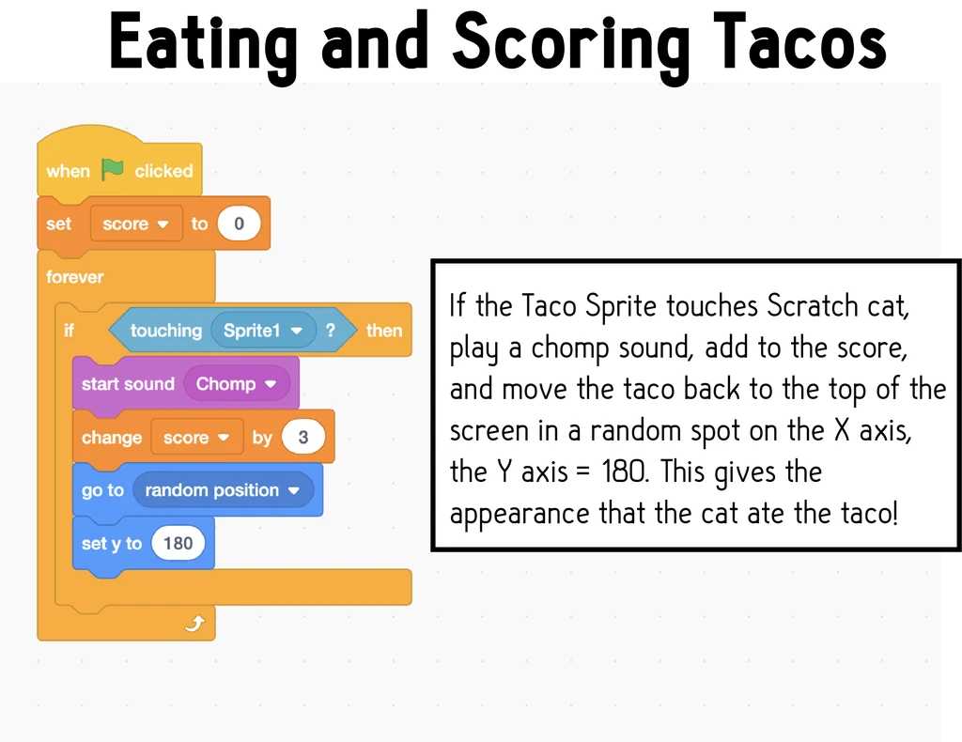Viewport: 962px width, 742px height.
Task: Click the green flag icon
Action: click(x=113, y=169)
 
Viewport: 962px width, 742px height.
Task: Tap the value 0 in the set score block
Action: click(x=239, y=224)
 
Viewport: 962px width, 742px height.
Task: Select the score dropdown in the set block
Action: click(x=136, y=224)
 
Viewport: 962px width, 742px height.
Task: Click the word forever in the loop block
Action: click(x=75, y=277)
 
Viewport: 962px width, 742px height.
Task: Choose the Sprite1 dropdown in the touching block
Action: click(x=264, y=331)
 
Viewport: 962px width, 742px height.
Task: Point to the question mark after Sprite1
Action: click(x=331, y=331)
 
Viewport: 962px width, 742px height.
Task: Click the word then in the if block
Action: click(x=384, y=331)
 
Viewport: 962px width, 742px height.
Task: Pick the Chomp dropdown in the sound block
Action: click(x=236, y=384)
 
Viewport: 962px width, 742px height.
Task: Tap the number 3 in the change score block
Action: click(x=303, y=438)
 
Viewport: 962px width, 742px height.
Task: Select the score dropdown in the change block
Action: click(x=197, y=438)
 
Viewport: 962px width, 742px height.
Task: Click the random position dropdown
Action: click(x=223, y=490)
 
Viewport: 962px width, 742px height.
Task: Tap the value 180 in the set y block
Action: click(x=178, y=543)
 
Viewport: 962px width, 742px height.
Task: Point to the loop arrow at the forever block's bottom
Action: click(x=194, y=624)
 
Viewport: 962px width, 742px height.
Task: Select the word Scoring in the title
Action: click(x=571, y=46)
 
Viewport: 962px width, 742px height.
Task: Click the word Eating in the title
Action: click(x=203, y=46)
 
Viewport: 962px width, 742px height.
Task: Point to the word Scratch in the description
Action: click(x=813, y=305)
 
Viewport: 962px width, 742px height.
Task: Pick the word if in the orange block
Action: click(x=69, y=331)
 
